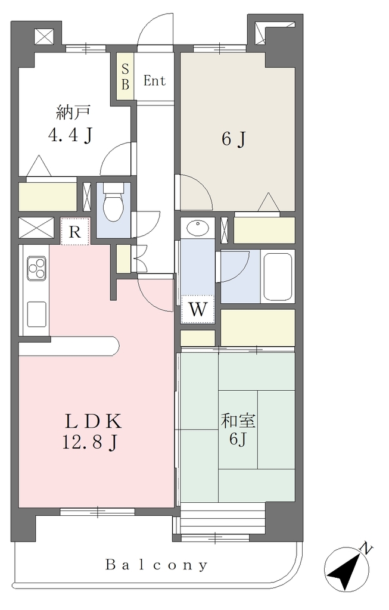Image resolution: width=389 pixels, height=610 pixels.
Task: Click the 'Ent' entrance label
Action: point(154,81)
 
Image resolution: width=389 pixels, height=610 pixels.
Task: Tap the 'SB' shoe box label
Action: point(125,77)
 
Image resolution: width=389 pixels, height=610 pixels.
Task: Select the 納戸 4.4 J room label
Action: point(71,124)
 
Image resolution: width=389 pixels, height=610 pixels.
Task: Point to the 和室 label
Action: point(238,421)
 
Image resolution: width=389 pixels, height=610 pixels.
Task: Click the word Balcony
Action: point(157,565)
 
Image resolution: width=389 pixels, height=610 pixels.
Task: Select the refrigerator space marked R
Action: point(75,232)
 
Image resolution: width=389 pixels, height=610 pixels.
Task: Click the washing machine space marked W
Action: point(198,309)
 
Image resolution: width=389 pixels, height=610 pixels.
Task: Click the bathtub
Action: point(278,276)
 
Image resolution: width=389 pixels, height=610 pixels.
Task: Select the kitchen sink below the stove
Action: point(36,315)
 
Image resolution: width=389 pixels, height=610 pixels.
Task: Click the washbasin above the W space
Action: point(197,228)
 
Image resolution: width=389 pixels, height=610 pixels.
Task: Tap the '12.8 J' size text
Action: point(90,443)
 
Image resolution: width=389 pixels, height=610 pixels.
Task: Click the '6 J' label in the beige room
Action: point(234,139)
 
